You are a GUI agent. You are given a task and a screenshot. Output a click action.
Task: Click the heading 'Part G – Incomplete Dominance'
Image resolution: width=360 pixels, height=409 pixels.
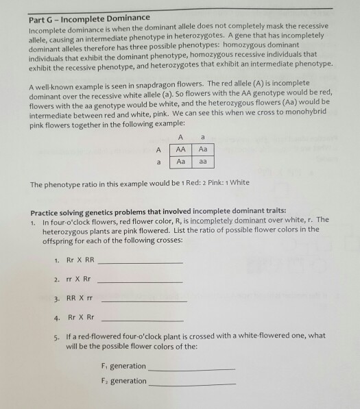coord(84,16)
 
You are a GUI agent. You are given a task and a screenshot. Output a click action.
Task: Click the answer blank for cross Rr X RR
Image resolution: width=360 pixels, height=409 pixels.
coord(142,264)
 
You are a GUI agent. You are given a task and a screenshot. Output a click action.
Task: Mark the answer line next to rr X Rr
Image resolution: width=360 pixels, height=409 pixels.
coord(141,282)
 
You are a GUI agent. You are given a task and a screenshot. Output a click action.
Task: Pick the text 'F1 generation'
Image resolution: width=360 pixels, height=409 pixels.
coord(123,367)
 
